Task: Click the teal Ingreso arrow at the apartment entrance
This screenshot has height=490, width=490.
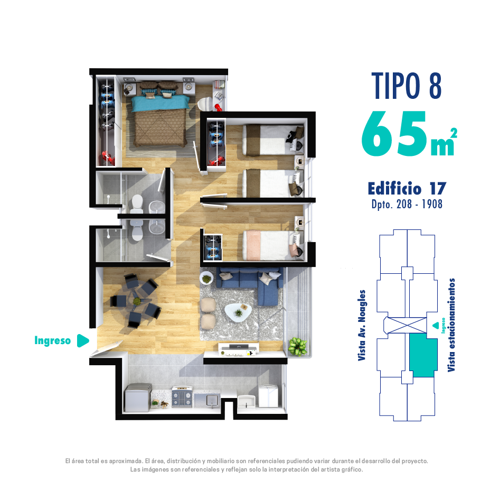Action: click(82, 340)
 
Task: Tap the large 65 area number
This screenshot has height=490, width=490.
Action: click(394, 134)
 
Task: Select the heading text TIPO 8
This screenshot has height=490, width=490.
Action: click(407, 86)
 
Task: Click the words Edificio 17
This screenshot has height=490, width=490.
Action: click(407, 189)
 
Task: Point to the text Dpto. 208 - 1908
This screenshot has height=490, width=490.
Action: click(407, 204)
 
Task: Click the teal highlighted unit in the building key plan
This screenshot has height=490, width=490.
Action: click(423, 355)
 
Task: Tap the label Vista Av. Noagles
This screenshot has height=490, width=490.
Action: click(362, 326)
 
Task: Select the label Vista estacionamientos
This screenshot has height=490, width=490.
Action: click(451, 325)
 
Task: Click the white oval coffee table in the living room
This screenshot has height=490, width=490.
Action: click(238, 312)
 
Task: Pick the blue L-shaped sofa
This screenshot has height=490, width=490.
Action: click(250, 283)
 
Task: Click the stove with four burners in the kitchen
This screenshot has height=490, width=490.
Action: click(182, 397)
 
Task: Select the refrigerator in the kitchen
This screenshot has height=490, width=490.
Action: click(138, 397)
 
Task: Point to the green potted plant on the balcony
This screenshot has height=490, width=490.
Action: click(297, 346)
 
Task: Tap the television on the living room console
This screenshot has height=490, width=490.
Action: click(239, 346)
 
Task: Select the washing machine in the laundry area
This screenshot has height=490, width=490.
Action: click(268, 395)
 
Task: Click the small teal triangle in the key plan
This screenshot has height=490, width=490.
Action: click(435, 326)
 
